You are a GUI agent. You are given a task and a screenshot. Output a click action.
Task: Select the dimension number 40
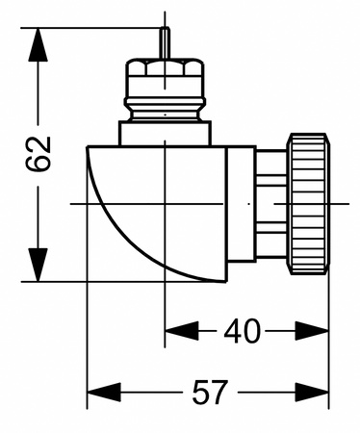(x=242, y=332)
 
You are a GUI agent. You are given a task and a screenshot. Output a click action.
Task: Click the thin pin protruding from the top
(x=165, y=44)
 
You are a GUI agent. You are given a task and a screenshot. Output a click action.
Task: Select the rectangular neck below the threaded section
(x=165, y=133)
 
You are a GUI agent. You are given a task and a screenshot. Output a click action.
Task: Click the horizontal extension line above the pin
(x=96, y=27)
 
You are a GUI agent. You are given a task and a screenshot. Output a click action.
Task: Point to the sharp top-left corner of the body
(x=88, y=146)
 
